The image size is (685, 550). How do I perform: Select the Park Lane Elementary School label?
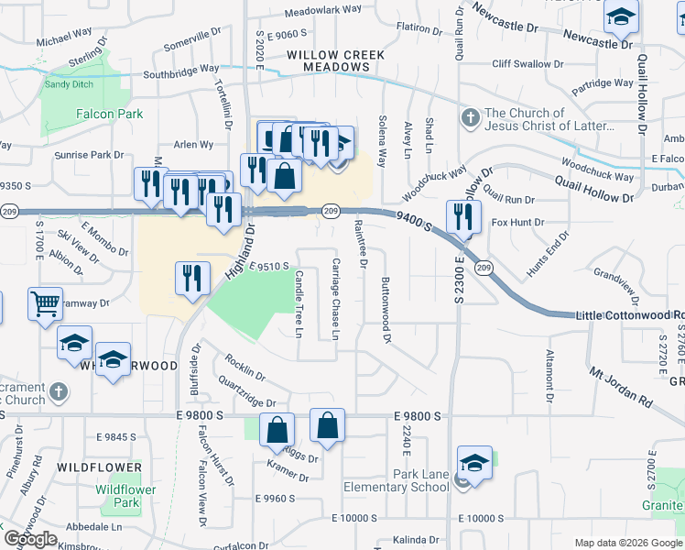pos(397,480)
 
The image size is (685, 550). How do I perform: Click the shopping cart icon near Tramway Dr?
pos(45,304)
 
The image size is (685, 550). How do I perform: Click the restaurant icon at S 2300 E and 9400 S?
pos(463,217)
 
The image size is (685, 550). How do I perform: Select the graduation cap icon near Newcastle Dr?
pos(621,17)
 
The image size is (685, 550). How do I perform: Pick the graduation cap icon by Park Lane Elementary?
pos(474,463)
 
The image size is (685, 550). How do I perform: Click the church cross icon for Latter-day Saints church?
pos(470,117)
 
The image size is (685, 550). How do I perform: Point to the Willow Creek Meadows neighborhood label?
pos(335,60)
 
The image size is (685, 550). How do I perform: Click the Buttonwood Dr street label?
pos(386,311)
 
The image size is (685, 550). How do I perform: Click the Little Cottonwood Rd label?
pos(630,315)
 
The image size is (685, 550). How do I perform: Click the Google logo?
pos(30,539)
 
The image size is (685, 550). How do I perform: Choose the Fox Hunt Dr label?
pos(518,222)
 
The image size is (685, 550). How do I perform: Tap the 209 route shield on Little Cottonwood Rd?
pos(484,268)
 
